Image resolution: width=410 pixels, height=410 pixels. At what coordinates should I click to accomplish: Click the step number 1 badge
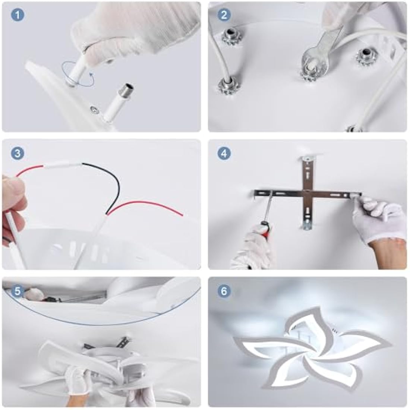coord(18,15)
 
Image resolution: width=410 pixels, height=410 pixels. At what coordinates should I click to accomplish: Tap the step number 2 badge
coord(224,15)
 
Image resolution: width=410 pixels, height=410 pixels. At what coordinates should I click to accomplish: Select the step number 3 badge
coord(18,153)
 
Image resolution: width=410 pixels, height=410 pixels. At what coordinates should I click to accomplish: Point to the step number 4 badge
coord(224,154)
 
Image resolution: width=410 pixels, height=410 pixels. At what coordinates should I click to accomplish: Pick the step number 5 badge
coord(18,291)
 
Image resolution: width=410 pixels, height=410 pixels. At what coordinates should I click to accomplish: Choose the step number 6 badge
coord(224,291)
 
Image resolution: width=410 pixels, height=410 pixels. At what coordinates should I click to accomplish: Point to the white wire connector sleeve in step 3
coord(63,165)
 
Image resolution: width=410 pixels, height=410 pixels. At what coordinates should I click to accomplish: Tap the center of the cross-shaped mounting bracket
coord(308,194)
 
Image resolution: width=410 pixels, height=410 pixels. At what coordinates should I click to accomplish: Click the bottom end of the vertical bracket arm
coord(308,227)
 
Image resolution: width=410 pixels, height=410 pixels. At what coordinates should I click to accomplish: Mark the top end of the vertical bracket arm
coord(308,159)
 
